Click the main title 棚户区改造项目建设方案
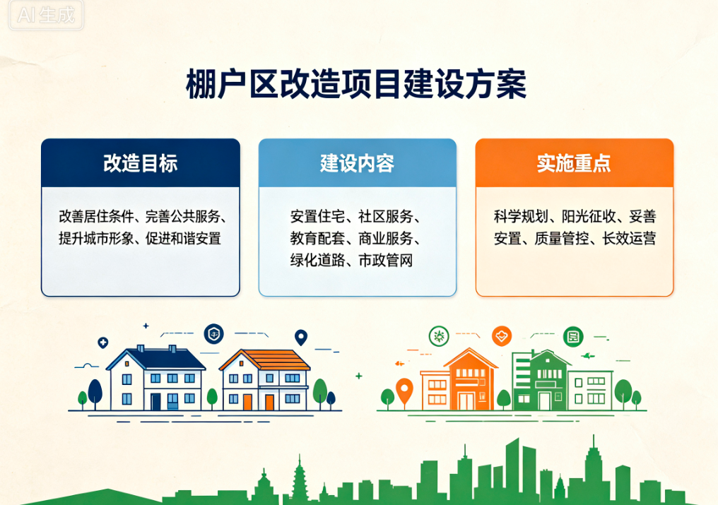tap(356, 85)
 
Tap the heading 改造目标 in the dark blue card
tap(140, 163)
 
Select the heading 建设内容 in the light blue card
tap(357, 163)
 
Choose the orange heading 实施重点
tap(574, 163)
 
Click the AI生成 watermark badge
tap(46, 15)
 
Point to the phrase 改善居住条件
tap(96, 216)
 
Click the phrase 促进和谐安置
tap(183, 239)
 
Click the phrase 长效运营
tap(629, 239)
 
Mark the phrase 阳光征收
tap(589, 216)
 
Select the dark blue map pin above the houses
tap(301, 338)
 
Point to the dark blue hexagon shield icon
tap(214, 334)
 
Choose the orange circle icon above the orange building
tap(502, 336)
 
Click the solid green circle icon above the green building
tap(573, 337)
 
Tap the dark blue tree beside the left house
tap(95, 393)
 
